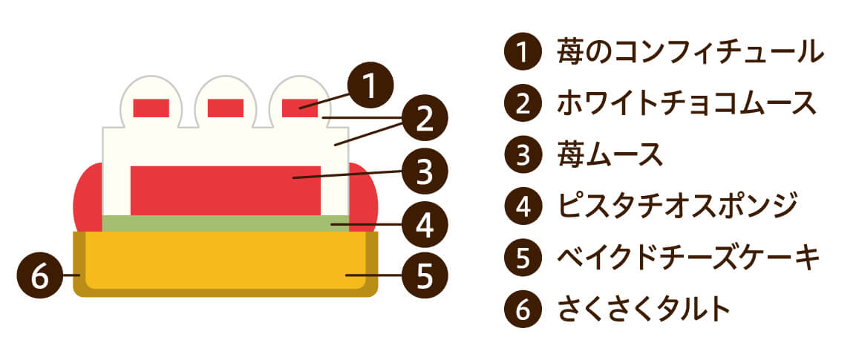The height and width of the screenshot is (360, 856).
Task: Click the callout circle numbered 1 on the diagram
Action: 370,85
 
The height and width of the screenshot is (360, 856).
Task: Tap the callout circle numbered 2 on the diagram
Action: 425,119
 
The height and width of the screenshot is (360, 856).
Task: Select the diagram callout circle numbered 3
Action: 425,171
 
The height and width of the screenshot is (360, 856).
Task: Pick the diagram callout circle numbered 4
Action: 425,224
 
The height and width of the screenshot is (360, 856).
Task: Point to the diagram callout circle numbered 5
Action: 425,275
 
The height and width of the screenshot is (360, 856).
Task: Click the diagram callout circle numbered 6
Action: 40,275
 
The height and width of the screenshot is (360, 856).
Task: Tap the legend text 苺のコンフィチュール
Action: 690,52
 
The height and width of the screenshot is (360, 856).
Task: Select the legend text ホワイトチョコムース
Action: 687,103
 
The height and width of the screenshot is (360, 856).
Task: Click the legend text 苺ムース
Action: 610,155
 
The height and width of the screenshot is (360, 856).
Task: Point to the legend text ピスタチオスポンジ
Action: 678,206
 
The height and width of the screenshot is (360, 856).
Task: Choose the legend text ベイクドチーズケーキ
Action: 688,258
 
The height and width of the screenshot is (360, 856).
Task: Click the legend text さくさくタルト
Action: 644,310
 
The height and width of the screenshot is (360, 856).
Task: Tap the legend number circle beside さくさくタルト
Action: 523,310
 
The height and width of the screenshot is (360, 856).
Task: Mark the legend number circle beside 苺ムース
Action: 523,155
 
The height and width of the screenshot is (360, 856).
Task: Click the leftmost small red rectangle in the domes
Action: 151,108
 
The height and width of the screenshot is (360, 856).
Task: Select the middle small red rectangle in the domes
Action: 226,108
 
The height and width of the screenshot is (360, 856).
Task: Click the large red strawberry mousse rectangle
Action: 226,190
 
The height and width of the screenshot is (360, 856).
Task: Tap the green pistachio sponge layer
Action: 226,223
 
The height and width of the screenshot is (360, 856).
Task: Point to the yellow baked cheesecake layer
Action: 226,261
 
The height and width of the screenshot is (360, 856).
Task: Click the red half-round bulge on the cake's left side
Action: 88,197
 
